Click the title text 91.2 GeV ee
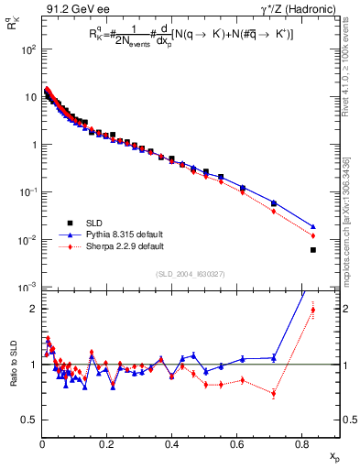tap(74, 10)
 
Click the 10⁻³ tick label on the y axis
tap(27, 288)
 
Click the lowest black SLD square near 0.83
tap(313, 250)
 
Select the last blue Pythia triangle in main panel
tap(313, 227)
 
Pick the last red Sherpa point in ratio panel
tap(313, 310)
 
